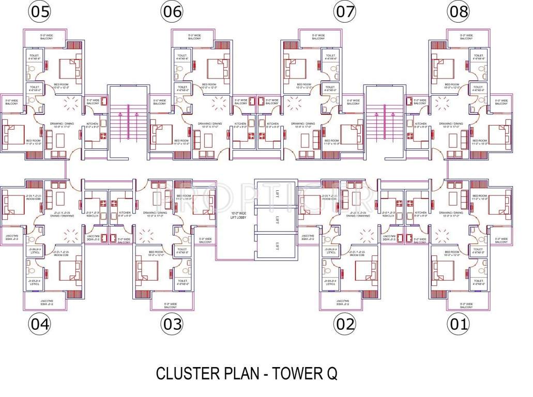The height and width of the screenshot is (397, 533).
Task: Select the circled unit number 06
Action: point(172,12)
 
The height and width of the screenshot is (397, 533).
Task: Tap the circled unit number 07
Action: point(345,12)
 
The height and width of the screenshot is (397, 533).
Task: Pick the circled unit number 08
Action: point(458,12)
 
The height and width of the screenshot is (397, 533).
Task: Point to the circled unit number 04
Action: point(40,324)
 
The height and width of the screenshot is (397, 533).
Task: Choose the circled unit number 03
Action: point(172,324)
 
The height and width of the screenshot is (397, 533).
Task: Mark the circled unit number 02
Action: point(345,324)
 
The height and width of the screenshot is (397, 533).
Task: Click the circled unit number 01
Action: point(458,324)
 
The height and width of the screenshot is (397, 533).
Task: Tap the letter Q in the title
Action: point(331,373)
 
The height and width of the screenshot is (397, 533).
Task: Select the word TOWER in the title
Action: point(294,373)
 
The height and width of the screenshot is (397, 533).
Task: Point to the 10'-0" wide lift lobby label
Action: point(238,215)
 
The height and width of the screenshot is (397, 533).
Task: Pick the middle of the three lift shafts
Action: point(277,220)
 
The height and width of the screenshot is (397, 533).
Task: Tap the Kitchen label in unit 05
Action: point(93,125)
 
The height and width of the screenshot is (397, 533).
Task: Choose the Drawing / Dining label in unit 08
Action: point(448,124)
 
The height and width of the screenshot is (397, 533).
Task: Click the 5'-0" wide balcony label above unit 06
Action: point(194,37)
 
